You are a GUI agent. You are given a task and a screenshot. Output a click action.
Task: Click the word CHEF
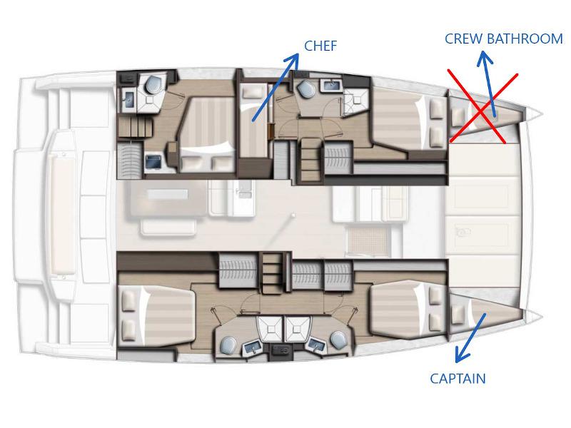pyautogui.click(x=320, y=46)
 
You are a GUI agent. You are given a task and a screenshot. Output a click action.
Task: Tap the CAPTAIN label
pyautogui.click(x=458, y=379)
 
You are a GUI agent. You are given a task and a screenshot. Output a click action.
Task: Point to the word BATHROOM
pyautogui.click(x=526, y=39)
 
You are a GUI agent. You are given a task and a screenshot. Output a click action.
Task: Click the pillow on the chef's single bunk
pyautogui.click(x=251, y=93)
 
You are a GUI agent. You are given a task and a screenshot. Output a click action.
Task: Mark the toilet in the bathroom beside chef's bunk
pyautogui.click(x=307, y=91)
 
